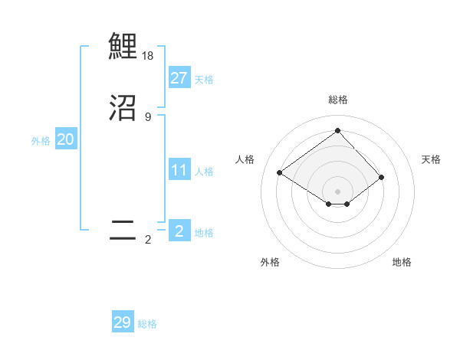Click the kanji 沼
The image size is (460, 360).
[123, 108]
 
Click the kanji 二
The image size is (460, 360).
[123, 231]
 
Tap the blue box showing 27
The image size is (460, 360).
[179, 77]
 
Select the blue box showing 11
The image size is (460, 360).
[179, 170]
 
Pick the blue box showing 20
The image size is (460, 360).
[65, 139]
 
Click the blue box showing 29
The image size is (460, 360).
[123, 322]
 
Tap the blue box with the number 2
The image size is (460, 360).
[179, 231]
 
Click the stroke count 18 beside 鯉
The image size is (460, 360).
[148, 56]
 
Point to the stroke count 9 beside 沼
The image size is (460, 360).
[148, 117]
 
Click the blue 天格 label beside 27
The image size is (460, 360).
[204, 79]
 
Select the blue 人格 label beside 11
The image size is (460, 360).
[204, 172]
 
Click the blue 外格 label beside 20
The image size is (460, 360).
[41, 141]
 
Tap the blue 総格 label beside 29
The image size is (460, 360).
[148, 324]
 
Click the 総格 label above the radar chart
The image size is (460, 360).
[337, 100]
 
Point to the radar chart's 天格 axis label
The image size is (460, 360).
[432, 159]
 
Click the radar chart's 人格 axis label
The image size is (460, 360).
[245, 159]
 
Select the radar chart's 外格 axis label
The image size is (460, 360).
[270, 263]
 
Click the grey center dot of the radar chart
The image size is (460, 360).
[337, 191]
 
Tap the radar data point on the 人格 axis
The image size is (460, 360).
[280, 172]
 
